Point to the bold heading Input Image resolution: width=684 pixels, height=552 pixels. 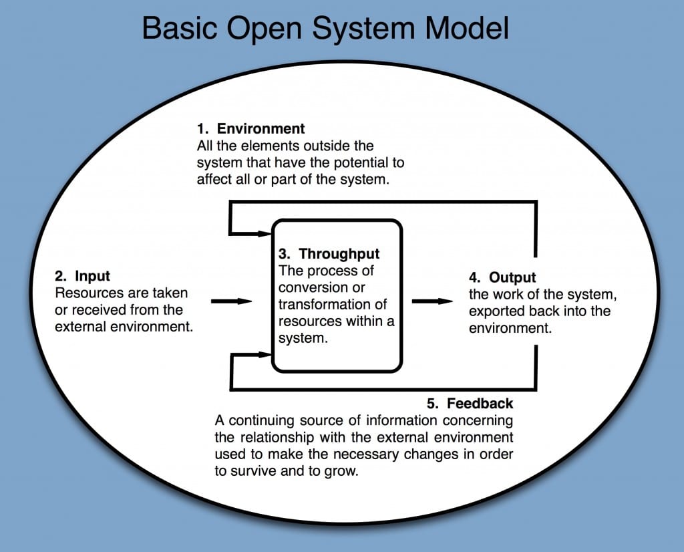pyautogui.click(x=92, y=276)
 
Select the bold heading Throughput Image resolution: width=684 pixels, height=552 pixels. pyautogui.click(x=339, y=254)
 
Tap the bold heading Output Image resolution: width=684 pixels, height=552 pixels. pyautogui.click(x=512, y=277)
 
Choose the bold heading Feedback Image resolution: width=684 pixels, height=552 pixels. pyautogui.click(x=480, y=404)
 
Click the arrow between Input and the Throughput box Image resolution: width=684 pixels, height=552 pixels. pyautogui.click(x=231, y=301)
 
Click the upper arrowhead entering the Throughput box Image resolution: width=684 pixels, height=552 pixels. pyautogui.click(x=264, y=233)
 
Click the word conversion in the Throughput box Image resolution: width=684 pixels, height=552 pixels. pyautogui.click(x=311, y=288)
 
